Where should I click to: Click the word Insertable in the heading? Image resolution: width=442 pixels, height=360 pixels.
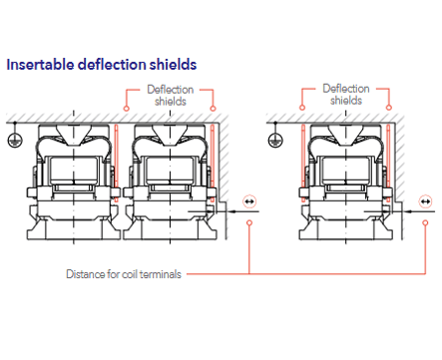click(x=40, y=64)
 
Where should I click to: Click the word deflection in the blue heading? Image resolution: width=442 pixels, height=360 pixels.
click(x=112, y=64)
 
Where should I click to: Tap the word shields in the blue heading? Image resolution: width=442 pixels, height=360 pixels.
click(x=174, y=64)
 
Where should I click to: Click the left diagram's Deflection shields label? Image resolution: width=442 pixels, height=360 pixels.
click(x=170, y=95)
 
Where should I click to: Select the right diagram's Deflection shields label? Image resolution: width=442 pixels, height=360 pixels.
click(x=346, y=95)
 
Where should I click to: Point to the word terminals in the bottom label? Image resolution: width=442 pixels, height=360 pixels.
click(x=161, y=274)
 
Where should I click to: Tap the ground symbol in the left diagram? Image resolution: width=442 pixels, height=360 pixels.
click(x=15, y=140)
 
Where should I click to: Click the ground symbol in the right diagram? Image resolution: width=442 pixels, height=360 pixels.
click(x=275, y=140)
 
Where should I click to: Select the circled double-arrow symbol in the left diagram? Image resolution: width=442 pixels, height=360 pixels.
click(x=249, y=201)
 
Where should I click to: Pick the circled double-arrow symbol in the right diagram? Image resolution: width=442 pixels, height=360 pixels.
click(x=425, y=201)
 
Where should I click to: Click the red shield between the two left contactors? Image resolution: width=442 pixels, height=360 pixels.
click(x=116, y=164)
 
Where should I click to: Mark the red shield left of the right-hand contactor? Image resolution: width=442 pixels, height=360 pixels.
click(x=303, y=164)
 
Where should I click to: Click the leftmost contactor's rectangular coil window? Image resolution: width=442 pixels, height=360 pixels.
click(x=74, y=170)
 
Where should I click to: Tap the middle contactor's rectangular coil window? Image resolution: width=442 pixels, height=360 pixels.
click(x=170, y=170)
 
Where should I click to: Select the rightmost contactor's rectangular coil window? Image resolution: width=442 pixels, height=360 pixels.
click(x=346, y=170)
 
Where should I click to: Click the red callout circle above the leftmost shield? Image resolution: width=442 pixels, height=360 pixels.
click(x=126, y=109)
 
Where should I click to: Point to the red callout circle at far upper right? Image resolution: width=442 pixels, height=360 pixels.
click(x=389, y=108)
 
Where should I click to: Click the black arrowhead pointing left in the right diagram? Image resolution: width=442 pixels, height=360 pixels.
click(x=410, y=211)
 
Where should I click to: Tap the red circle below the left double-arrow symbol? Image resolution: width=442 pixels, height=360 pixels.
click(x=249, y=222)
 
